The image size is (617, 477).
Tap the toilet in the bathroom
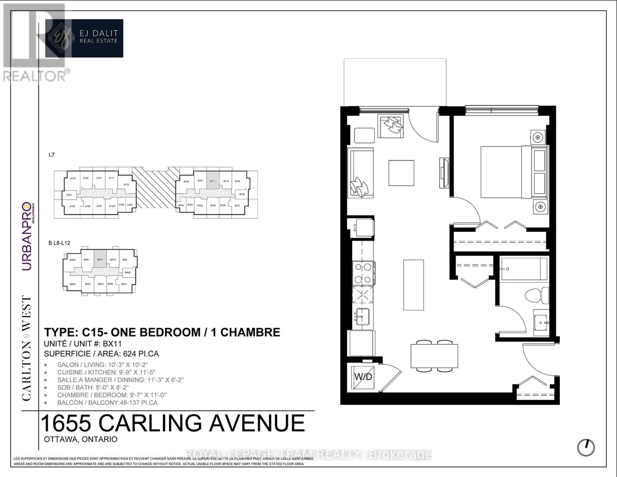pyautogui.click(x=534, y=296)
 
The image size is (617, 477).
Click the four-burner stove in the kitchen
pyautogui.click(x=363, y=273)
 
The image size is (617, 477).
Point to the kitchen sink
pyautogui.click(x=362, y=317)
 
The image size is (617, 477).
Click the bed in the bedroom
pyautogui.click(x=507, y=172)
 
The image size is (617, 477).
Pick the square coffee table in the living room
pyautogui.click(x=401, y=173)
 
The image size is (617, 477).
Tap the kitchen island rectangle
pyautogui.click(x=413, y=285)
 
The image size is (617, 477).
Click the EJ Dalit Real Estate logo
pyautogui.click(x=84, y=38)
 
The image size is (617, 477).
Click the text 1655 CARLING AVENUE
pyautogui.click(x=173, y=423)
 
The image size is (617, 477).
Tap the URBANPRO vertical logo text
pyautogui.click(x=26, y=237)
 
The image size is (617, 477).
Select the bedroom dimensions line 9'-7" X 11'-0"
pyautogui.click(x=112, y=395)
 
